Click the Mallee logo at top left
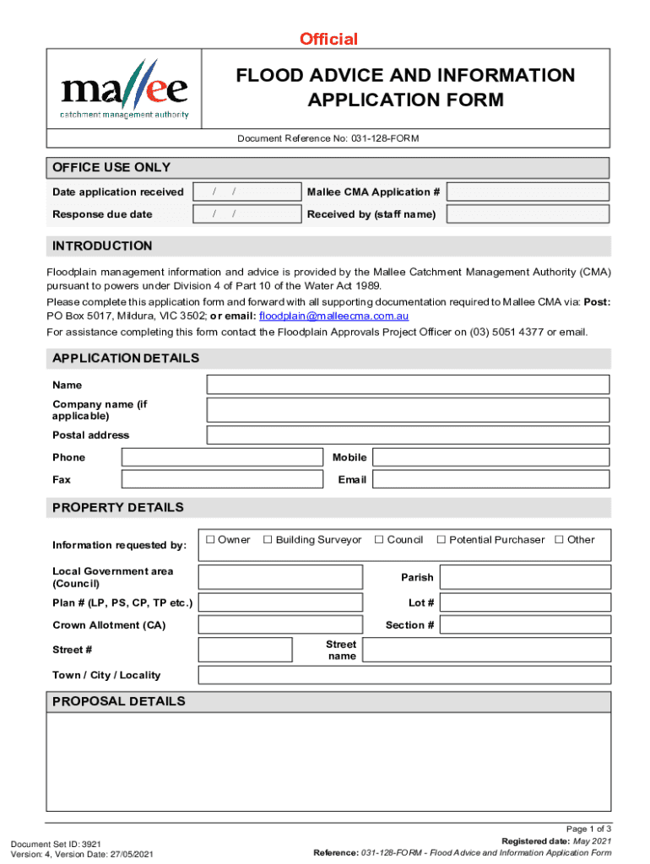pos(124,89)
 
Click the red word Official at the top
pos(328,39)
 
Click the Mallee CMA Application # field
pos(528,192)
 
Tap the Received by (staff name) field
pos(528,214)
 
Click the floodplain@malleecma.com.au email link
pos(333,316)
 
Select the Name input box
pos(408,385)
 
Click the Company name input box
pos(408,410)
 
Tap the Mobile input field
pos(490,457)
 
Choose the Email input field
pos(490,479)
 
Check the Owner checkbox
pos(209,540)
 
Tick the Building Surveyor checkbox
pos(268,540)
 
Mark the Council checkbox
pos(379,540)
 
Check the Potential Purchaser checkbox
pos(441,540)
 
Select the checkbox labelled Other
pos(559,540)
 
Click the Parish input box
pos(525,577)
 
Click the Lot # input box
pos(525,602)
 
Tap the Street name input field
pos(486,650)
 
